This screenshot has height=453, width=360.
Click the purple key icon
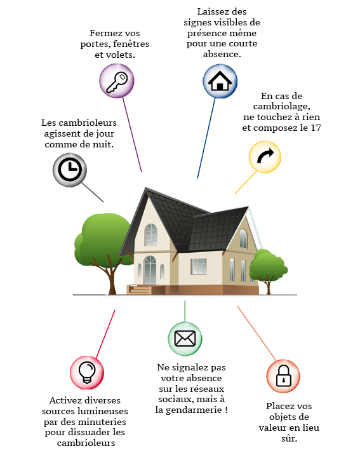[x=117, y=81]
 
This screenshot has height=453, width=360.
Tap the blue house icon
[x=220, y=81]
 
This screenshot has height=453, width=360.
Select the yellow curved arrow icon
[x=265, y=157]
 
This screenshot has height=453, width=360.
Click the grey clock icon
[x=70, y=170]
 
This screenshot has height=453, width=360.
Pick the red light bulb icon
[x=87, y=372]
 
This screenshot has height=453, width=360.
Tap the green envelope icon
[x=185, y=339]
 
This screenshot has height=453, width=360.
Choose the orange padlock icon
[x=283, y=376]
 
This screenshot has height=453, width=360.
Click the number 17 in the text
[x=316, y=128]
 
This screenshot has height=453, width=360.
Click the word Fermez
[x=100, y=33]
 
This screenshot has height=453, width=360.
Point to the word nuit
[x=106, y=144]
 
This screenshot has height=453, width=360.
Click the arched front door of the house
[x=150, y=270]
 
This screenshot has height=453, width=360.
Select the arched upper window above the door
[x=151, y=235]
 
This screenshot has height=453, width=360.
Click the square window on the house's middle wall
[x=199, y=266]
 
